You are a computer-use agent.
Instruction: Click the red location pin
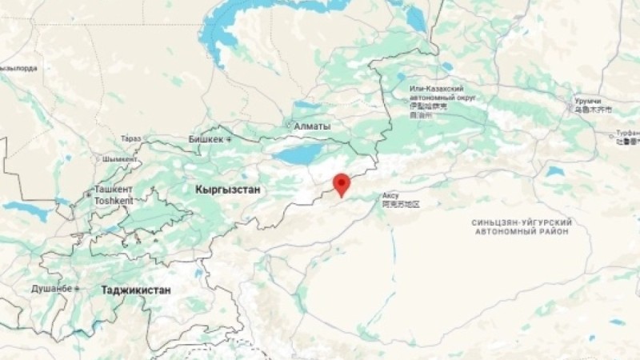[342, 183]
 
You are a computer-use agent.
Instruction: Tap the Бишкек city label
[206, 139]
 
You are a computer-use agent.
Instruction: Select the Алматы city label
[312, 126]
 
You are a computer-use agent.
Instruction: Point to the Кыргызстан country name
[226, 190]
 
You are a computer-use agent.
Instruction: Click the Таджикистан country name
[136, 290]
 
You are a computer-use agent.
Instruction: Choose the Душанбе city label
[51, 288]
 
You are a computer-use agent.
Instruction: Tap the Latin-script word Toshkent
[113, 201]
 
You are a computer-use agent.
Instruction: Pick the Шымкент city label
[120, 158]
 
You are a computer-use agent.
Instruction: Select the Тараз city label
[130, 139]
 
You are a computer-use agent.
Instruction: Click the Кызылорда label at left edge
[19, 69]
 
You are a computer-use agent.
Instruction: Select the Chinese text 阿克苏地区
[401, 205]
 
